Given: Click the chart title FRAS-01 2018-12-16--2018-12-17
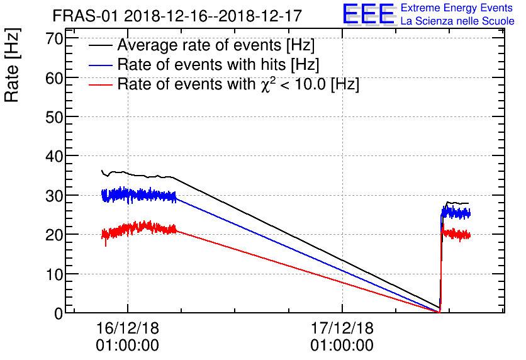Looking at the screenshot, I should (177, 14).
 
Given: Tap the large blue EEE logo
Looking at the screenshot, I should (369, 14).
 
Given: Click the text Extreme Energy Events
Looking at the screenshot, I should (456, 8).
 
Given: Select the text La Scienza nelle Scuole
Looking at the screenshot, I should (457, 21).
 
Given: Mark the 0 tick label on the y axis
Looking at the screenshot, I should (59, 313).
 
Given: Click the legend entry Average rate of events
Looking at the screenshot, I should (216, 46).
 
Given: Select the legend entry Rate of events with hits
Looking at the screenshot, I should (218, 65).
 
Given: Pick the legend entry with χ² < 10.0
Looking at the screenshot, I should (238, 84).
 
